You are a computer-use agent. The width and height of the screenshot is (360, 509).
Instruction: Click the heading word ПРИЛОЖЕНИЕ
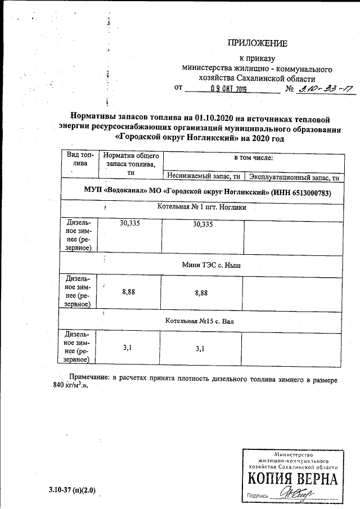tap(257, 43)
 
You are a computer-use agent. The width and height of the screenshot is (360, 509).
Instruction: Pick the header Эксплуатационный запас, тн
tap(294, 177)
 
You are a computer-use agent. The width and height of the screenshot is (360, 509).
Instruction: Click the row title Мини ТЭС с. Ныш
tap(211, 264)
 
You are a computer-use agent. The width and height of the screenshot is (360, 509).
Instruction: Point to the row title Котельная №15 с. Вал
tap(200, 321)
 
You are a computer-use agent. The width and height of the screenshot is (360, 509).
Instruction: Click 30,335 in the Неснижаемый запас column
tap(202, 224)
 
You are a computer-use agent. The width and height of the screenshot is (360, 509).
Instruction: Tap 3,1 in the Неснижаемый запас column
tap(200, 349)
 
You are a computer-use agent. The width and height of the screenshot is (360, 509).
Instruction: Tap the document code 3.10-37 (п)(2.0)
tap(72, 490)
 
